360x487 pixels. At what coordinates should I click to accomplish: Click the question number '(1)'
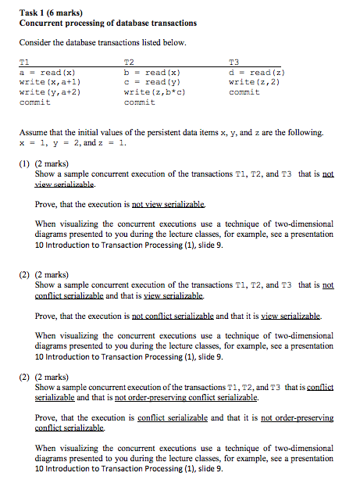coord(26,165)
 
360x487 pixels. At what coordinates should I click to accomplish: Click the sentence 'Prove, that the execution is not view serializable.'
coord(121,205)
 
